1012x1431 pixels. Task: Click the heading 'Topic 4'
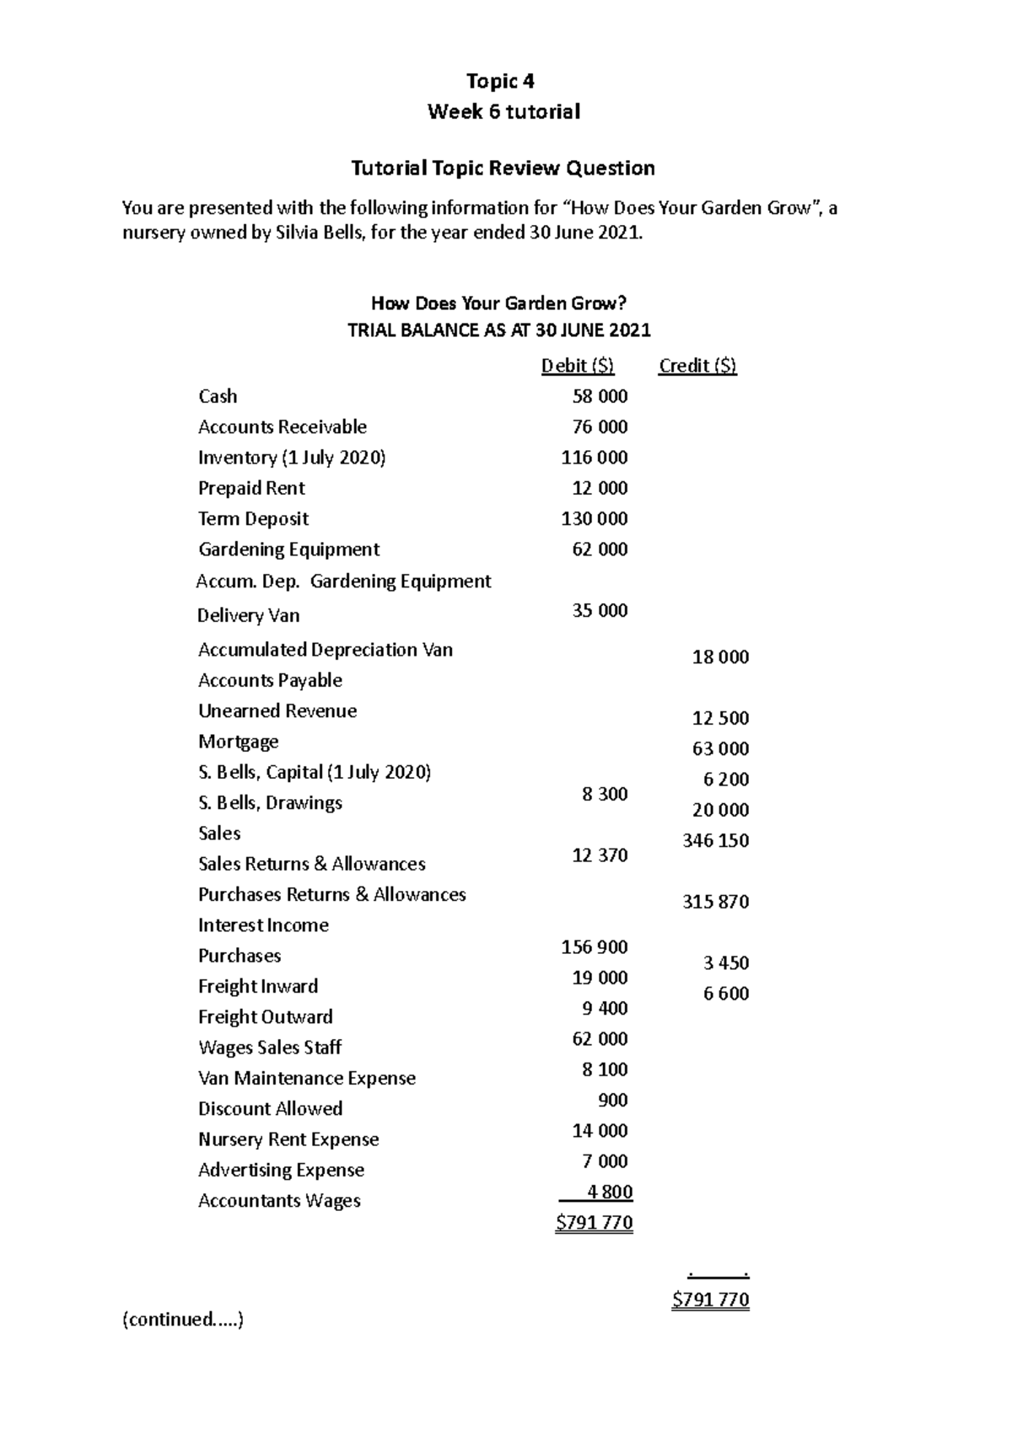click(x=501, y=81)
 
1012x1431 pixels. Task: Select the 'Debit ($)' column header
click(x=578, y=366)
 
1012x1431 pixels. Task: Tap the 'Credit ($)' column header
click(x=697, y=366)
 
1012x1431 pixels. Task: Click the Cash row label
click(x=218, y=396)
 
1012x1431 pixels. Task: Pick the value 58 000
click(x=600, y=396)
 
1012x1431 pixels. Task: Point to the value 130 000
click(x=595, y=518)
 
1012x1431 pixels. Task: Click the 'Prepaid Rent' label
click(x=251, y=488)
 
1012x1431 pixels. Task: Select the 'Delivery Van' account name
click(x=248, y=615)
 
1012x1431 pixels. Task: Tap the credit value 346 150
click(x=715, y=840)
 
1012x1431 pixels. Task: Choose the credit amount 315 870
click(x=715, y=902)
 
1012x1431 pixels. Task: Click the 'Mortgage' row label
click(x=238, y=742)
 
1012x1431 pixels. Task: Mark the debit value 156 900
click(x=595, y=946)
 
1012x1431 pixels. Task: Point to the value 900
click(x=613, y=1100)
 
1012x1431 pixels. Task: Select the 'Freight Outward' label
click(x=266, y=1016)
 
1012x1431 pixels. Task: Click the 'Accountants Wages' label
click(x=279, y=1200)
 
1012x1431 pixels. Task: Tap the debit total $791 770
click(x=594, y=1223)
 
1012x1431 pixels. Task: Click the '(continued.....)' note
click(x=183, y=1319)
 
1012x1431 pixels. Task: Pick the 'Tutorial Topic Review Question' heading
click(x=503, y=168)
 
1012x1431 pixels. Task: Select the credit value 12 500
click(x=720, y=718)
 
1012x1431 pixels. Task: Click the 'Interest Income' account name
click(x=263, y=925)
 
